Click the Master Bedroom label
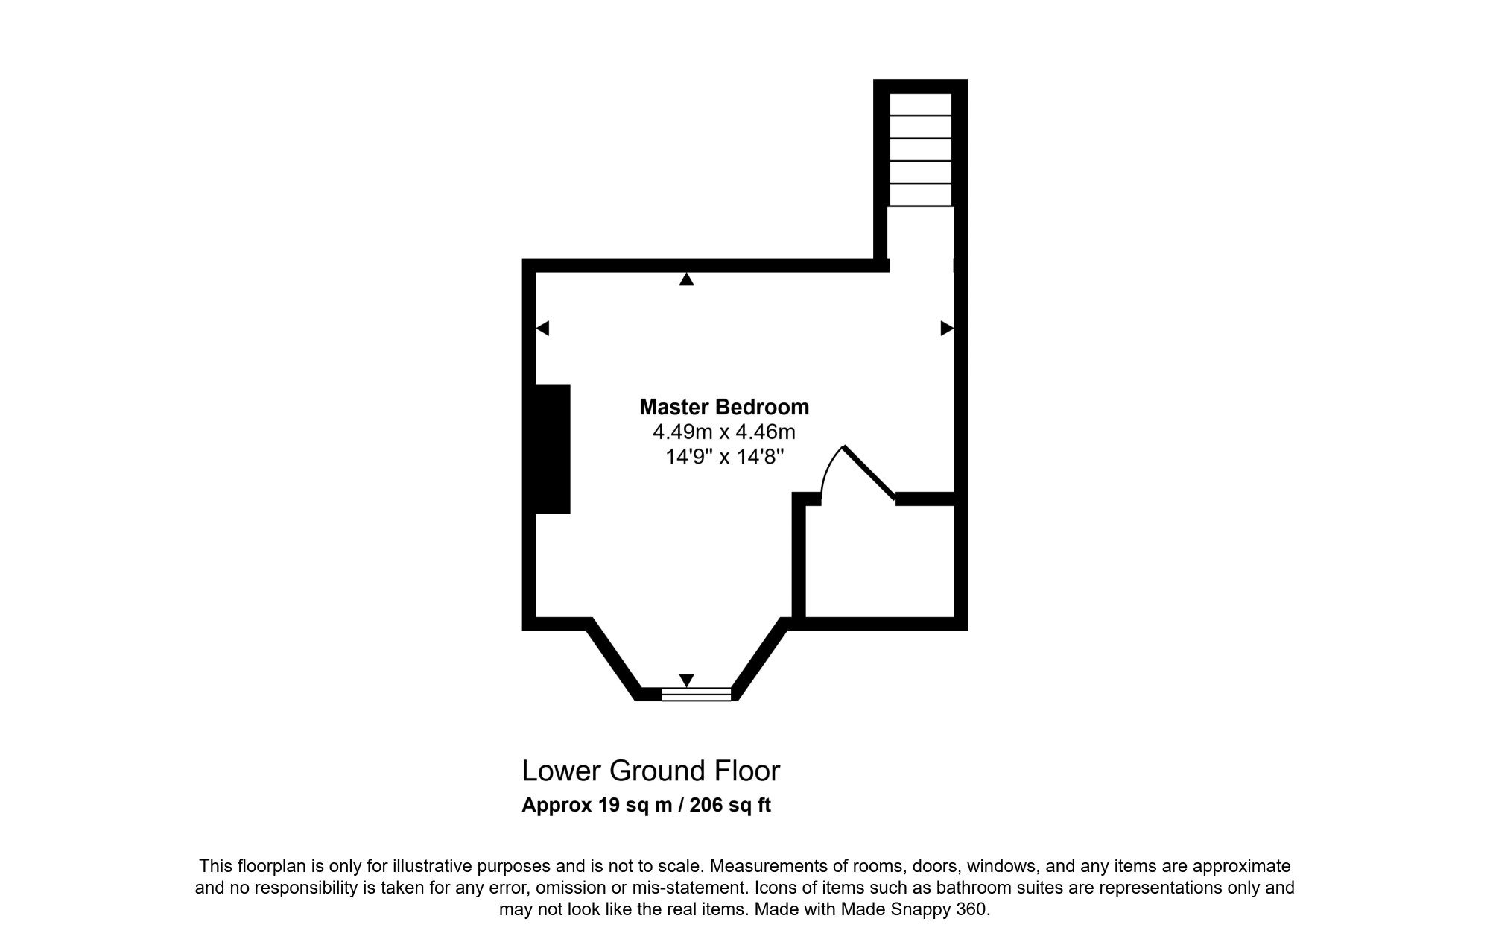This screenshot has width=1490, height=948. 724,407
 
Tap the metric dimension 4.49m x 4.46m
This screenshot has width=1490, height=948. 724,432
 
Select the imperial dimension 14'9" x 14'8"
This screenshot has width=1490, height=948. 724,456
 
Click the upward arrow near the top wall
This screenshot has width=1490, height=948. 686,279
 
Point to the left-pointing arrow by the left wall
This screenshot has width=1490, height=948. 542,328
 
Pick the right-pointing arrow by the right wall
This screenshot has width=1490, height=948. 947,328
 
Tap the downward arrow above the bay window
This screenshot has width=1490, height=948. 686,680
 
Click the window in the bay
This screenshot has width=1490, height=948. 697,695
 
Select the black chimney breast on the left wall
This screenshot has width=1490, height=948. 553,449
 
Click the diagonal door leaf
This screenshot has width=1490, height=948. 869,473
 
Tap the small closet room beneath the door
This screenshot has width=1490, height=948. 880,561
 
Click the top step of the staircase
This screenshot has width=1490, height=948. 921,104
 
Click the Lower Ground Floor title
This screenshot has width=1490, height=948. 650,771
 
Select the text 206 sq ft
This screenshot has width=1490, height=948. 730,806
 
